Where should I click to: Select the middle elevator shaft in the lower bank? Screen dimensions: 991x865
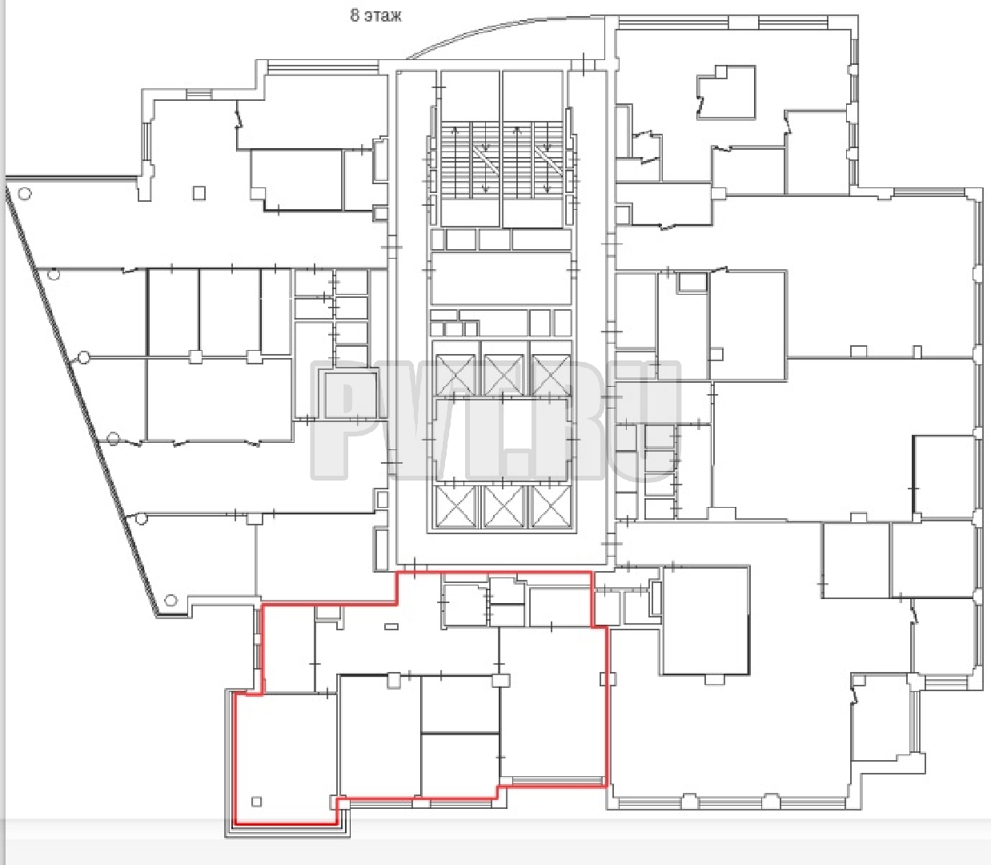click(x=504, y=505)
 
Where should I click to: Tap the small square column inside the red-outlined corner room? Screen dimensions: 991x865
click(x=257, y=801)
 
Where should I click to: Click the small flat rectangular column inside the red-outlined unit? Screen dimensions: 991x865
click(x=391, y=626)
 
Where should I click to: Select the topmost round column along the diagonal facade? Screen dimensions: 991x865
click(x=24, y=194)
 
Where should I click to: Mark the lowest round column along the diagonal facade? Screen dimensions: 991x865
click(x=171, y=601)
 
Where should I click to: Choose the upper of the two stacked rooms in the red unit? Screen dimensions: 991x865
click(x=459, y=705)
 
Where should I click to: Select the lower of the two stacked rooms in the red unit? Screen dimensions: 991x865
click(x=459, y=765)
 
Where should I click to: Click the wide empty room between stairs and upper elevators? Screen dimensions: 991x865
click(x=501, y=278)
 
